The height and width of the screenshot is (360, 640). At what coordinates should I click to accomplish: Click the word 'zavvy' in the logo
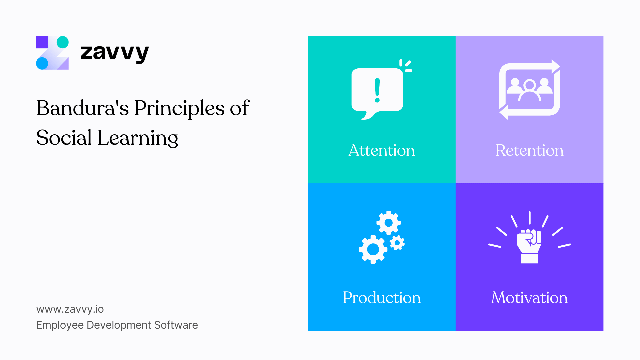tap(114, 53)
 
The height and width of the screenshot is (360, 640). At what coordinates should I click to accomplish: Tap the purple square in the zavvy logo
tap(42, 42)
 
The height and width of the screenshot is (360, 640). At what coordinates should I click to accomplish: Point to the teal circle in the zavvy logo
tap(63, 42)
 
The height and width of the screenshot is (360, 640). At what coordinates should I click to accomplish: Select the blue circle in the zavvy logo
tap(42, 63)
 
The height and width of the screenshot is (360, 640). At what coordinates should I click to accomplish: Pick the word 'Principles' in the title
tap(179, 109)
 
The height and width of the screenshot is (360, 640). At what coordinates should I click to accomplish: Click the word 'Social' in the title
tap(64, 138)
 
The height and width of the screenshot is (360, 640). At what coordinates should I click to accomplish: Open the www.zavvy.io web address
tap(70, 309)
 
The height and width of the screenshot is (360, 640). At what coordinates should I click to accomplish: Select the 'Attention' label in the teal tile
tap(382, 150)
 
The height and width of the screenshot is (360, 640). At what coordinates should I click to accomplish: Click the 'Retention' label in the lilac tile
tap(529, 150)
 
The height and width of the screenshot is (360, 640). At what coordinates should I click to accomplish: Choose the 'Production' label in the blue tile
tap(382, 298)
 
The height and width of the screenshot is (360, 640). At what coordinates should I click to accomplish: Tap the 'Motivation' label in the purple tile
tap(529, 298)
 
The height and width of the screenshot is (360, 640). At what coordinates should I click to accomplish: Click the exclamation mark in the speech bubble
tap(377, 90)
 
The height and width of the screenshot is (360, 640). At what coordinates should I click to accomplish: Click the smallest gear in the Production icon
tap(397, 243)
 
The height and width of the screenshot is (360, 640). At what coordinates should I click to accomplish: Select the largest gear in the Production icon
tap(373, 249)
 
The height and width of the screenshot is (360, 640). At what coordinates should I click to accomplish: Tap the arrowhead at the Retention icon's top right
tap(555, 66)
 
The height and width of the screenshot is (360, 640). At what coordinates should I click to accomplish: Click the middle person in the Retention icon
tap(529, 90)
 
